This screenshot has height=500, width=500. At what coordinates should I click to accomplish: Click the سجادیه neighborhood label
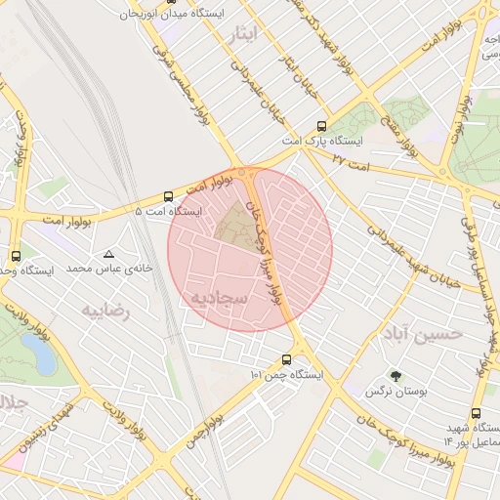[x=224, y=295]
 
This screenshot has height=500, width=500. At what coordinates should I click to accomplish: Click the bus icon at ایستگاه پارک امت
[x=321, y=127]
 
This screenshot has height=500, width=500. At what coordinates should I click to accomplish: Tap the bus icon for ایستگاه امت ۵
[x=169, y=196]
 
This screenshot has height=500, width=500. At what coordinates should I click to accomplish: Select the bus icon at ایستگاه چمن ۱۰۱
[x=286, y=359]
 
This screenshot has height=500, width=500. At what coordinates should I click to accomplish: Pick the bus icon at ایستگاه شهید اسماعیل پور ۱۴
[x=476, y=413]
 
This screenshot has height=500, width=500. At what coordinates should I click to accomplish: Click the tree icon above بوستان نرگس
[x=396, y=376]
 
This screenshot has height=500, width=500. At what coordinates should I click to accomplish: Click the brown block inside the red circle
[x=233, y=224]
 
